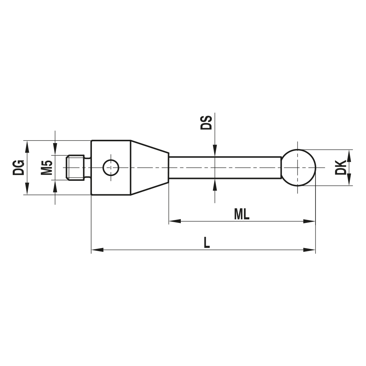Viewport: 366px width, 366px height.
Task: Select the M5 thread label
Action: [x=46, y=167]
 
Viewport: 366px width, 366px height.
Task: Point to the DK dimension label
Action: [x=341, y=167]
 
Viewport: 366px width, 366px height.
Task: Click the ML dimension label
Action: [x=242, y=214]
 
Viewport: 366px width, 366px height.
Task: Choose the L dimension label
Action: [x=207, y=243]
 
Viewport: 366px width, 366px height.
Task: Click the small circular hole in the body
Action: [x=111, y=168]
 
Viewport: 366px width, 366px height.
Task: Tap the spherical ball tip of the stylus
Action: [x=299, y=168]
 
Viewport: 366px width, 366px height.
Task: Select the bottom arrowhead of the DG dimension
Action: [x=27, y=189]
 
